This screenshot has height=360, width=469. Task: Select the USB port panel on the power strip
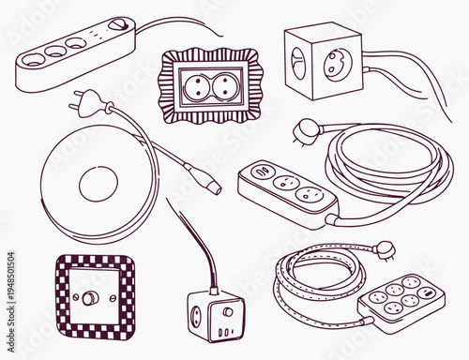[259, 171]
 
